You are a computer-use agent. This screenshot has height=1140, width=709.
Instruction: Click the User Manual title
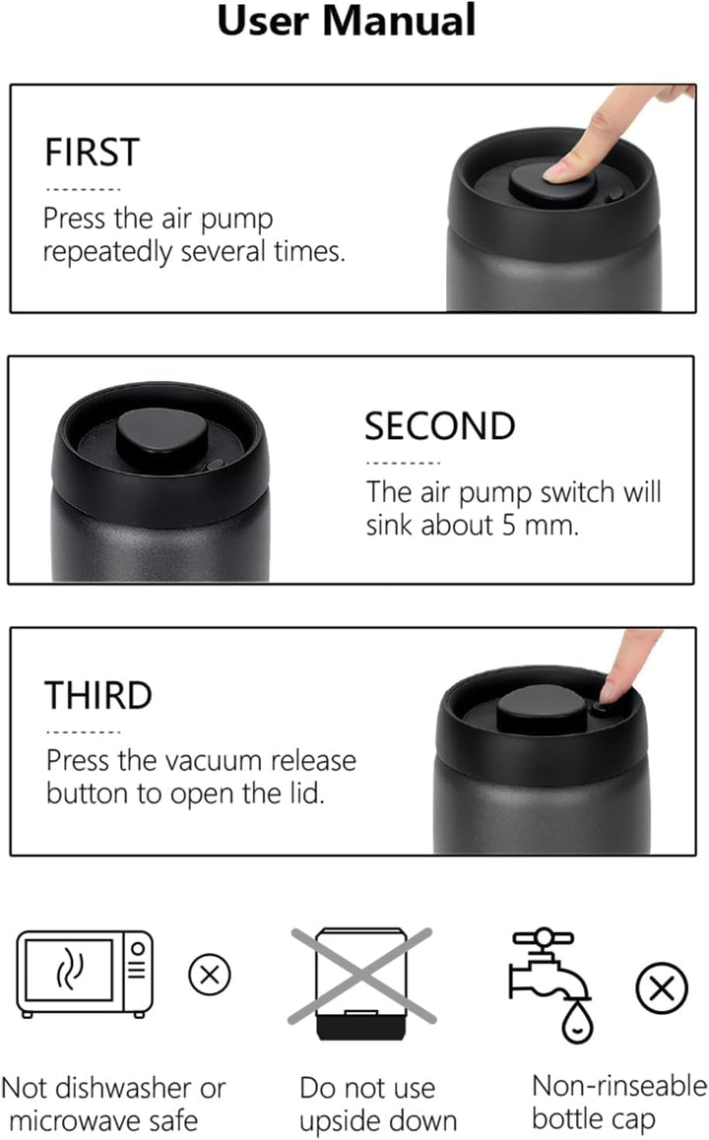(x=347, y=20)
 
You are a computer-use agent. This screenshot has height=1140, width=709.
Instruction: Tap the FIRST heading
(x=92, y=153)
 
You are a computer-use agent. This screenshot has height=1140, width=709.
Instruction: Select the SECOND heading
(x=440, y=426)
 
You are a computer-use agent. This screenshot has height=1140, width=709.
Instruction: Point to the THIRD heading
(x=98, y=695)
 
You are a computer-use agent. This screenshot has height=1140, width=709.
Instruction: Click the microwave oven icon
(x=85, y=974)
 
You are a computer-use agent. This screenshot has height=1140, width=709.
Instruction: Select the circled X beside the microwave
(x=210, y=975)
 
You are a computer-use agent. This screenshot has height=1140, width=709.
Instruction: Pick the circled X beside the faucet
(x=661, y=988)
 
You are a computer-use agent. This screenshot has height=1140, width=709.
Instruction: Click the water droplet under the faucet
(x=577, y=1022)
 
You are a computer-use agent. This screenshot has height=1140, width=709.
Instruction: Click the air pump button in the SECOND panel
(x=162, y=437)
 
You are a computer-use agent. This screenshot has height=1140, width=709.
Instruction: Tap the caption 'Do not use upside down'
(x=377, y=1104)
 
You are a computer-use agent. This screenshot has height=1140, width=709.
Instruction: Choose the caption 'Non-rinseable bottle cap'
(x=619, y=1102)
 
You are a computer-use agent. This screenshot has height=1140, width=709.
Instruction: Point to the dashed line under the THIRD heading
(x=83, y=732)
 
